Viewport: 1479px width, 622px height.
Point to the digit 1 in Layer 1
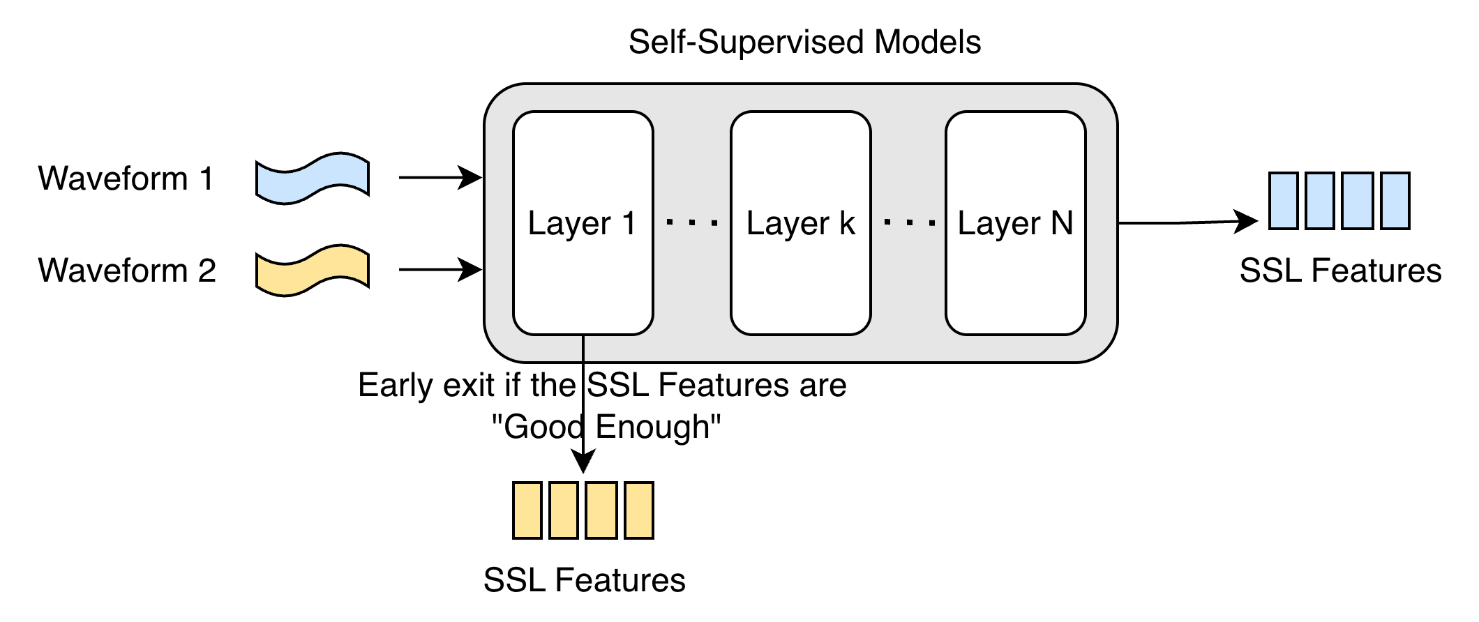coord(629,223)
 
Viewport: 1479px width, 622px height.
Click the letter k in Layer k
coord(848,223)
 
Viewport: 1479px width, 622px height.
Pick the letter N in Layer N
coord(1061,223)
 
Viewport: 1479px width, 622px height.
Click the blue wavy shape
coord(313,179)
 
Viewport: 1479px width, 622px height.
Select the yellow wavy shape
coord(313,271)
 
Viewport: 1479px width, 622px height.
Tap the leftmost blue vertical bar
coord(1284,201)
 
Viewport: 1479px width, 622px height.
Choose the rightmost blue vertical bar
coord(1395,201)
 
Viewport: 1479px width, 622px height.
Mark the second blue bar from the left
coord(1320,201)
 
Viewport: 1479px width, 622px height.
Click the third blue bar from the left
coord(1358,201)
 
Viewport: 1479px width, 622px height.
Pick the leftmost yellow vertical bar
coord(527,510)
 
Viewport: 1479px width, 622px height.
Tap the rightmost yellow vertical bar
coord(639,510)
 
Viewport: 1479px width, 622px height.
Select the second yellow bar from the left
coord(564,510)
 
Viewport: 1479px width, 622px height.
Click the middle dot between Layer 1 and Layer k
coord(692,223)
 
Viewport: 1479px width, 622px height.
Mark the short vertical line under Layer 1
coord(583,348)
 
